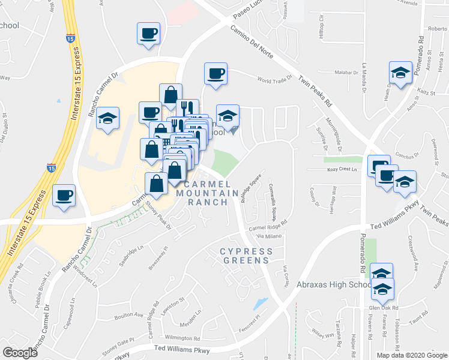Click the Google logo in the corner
tap(20, 352)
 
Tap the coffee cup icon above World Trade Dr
tap(215, 74)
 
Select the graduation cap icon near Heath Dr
tap(400, 73)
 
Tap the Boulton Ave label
tap(129, 314)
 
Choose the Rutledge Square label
tap(250, 189)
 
